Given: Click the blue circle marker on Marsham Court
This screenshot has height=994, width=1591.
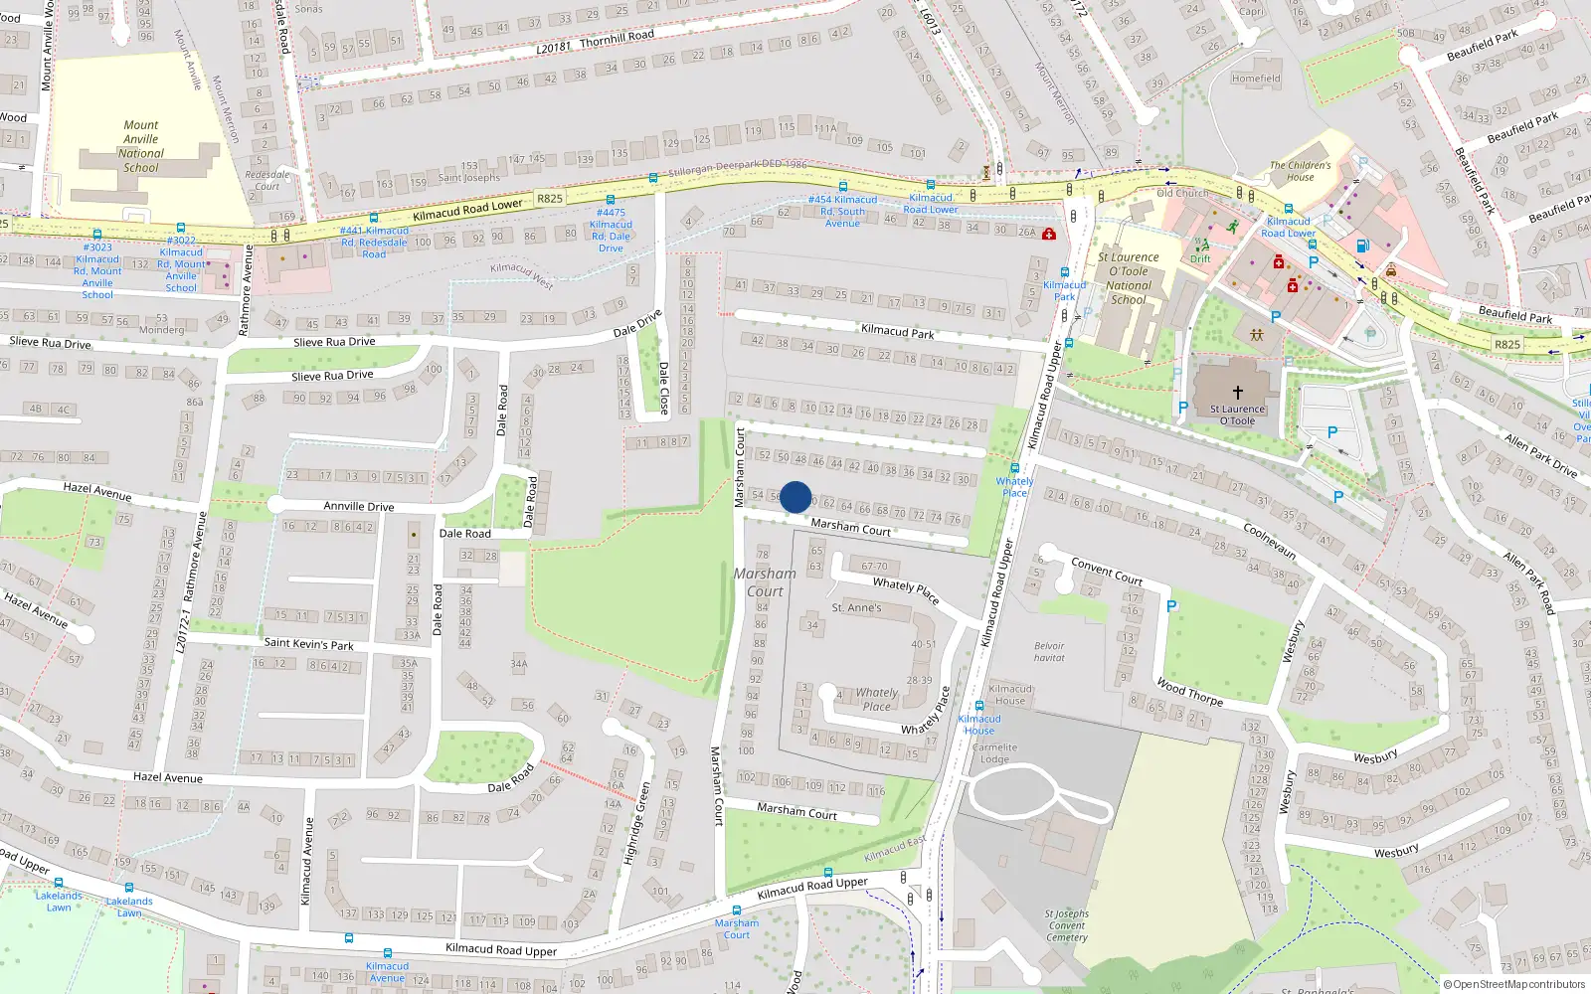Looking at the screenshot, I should [x=795, y=497].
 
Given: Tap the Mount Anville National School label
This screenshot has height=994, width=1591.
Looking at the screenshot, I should [x=141, y=146].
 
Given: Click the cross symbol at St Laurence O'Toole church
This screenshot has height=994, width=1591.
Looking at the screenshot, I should [x=1238, y=393].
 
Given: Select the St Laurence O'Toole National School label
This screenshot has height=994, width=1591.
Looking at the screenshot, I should [x=1129, y=278].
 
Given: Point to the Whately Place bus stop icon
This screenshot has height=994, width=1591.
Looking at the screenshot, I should [x=1014, y=468].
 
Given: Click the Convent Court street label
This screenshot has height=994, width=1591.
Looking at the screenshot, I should [x=1107, y=572].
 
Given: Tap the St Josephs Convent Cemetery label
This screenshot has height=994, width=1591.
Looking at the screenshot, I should [x=1066, y=925].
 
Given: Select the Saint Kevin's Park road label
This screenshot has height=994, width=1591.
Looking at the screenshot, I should [x=308, y=644].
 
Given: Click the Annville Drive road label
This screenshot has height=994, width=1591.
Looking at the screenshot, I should [x=359, y=506].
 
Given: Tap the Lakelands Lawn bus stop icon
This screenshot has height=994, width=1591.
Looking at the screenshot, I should [x=59, y=883].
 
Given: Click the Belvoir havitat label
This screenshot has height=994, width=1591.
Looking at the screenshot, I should [x=1049, y=652].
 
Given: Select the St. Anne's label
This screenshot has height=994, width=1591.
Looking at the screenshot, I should [x=856, y=607].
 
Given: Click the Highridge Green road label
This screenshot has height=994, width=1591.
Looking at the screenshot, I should [x=636, y=823].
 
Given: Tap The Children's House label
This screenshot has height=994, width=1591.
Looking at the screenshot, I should [x=1300, y=171].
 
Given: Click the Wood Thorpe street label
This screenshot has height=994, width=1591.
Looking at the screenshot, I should [x=1189, y=692].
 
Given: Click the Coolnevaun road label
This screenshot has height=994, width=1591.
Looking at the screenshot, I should [x=1270, y=541].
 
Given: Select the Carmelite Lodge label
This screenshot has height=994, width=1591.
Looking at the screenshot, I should [x=994, y=752].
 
